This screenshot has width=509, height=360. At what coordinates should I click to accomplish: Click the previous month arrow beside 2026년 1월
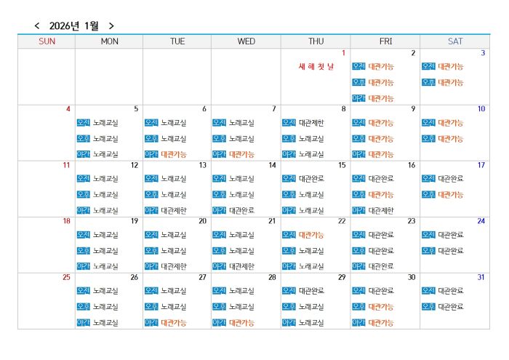37,26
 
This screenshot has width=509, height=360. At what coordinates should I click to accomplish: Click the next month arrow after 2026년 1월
111,26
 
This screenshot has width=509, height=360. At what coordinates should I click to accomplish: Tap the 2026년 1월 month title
73,26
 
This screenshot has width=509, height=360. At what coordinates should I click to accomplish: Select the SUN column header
47,41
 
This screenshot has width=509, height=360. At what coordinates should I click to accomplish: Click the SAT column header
455,41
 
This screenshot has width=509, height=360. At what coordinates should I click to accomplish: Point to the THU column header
316,41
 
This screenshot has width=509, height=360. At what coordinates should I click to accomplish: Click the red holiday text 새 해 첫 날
316,67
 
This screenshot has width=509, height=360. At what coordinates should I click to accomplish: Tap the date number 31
481,277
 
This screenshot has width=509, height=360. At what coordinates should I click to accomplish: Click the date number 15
342,165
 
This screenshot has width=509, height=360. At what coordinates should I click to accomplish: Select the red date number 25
66,277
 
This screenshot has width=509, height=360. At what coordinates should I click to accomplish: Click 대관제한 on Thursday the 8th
311,123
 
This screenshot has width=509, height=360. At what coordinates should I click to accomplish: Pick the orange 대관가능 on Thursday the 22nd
311,235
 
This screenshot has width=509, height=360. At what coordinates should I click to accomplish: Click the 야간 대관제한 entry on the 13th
174,211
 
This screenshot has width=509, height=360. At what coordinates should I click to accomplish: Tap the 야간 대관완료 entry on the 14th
241,211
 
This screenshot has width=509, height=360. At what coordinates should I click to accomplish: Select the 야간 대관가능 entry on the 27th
174,323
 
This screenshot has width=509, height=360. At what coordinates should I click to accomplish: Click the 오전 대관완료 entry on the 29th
311,291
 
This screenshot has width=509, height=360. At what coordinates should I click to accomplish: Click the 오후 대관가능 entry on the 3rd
450,82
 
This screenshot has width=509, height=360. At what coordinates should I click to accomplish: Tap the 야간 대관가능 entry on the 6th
174,154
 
